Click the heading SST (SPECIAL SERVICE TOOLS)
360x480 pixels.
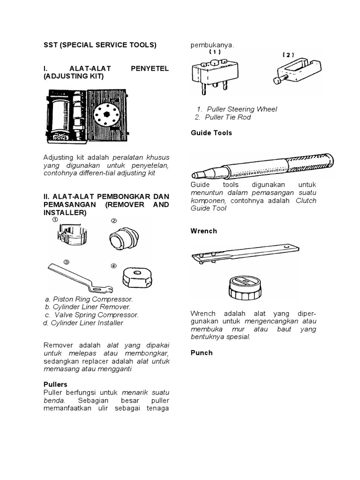click(x=99, y=45)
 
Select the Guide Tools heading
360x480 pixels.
click(x=211, y=133)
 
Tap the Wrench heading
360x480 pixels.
click(x=203, y=231)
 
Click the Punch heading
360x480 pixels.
click(x=202, y=353)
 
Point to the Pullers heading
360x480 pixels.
click(x=55, y=384)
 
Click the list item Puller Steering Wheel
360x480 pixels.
click(x=242, y=109)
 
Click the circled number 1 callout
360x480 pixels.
click(x=55, y=219)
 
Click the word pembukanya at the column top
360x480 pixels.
click(x=211, y=45)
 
